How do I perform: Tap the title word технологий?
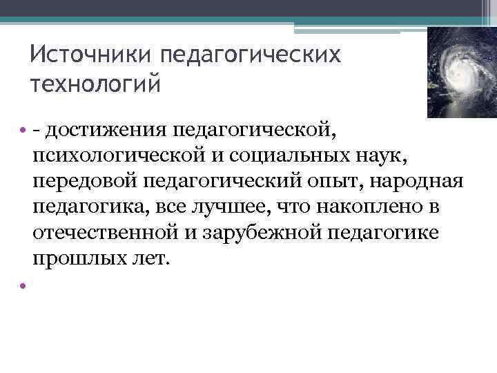[96, 85]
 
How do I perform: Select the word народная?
[427, 182]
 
